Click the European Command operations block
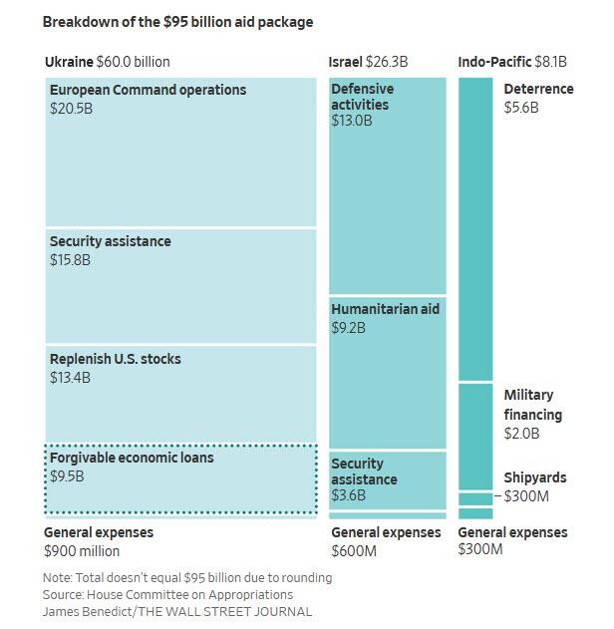click(180, 153)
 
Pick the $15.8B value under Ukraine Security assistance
click(70, 260)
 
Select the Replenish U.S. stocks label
click(116, 359)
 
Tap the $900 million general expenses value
click(82, 551)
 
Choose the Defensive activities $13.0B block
click(388, 184)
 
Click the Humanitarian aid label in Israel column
click(385, 309)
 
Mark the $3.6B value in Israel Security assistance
click(349, 495)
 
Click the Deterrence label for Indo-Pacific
click(538, 90)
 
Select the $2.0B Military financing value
click(521, 434)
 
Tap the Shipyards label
click(535, 478)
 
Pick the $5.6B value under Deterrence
click(521, 108)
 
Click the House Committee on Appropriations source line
click(167, 594)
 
